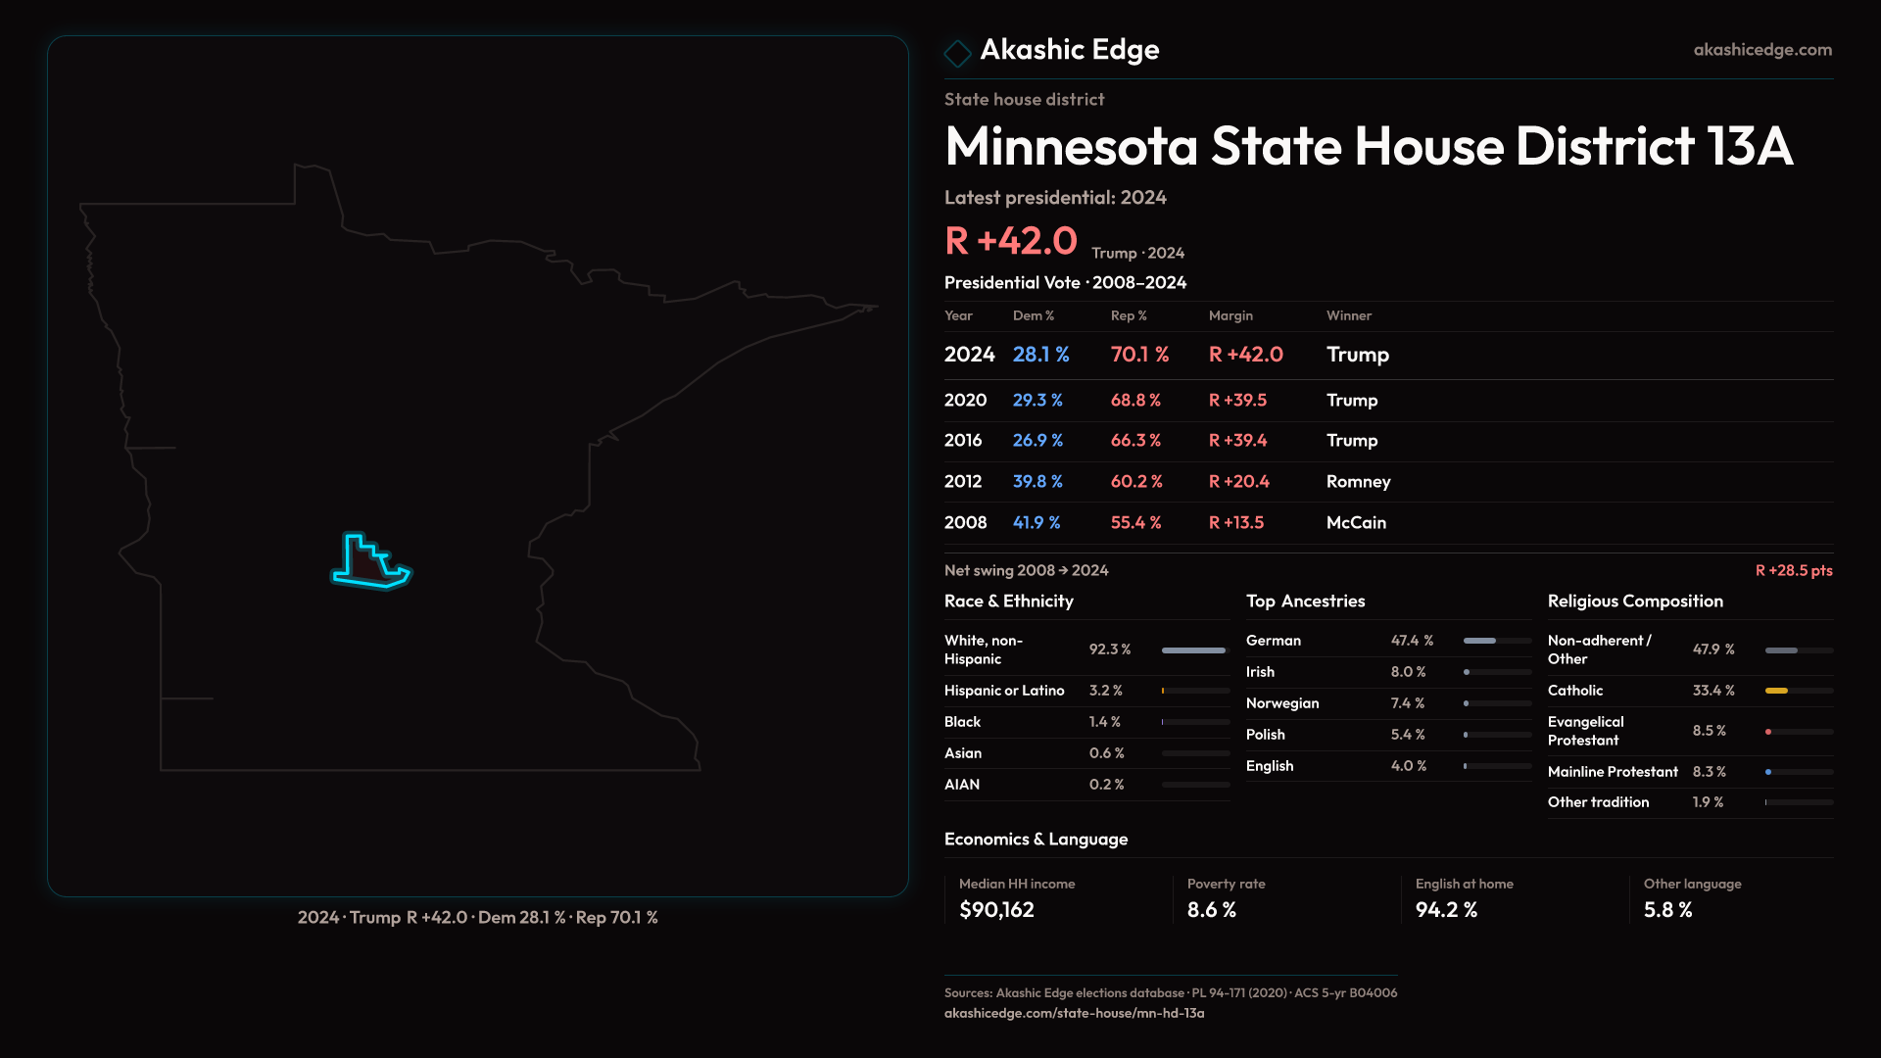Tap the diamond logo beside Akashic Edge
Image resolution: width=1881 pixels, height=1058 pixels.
957,53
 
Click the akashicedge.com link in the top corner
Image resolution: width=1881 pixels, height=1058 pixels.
1761,50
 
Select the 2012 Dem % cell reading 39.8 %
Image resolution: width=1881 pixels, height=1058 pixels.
1037,482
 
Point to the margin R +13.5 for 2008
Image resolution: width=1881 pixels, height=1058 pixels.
1235,523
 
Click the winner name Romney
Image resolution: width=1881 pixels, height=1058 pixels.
1358,482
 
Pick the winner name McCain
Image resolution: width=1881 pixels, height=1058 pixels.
1356,523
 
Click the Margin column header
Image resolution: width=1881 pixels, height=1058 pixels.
1230,315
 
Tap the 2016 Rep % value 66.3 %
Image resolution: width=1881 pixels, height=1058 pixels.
1135,441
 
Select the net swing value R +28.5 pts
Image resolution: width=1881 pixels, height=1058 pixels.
1793,570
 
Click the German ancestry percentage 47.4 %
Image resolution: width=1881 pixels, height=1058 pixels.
1412,641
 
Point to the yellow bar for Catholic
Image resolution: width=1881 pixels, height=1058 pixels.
1776,691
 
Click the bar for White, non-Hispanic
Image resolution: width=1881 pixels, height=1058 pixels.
1193,650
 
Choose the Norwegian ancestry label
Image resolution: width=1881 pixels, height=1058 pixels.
1281,703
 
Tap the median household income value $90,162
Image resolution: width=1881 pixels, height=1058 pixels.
996,910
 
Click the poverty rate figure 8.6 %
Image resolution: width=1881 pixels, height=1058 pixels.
1211,910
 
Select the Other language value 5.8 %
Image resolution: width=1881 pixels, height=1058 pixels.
1667,910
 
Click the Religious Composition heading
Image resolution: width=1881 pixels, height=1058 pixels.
1634,601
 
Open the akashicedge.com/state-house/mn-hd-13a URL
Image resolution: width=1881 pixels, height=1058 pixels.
1074,1014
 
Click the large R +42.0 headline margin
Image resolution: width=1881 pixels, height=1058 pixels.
1010,241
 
